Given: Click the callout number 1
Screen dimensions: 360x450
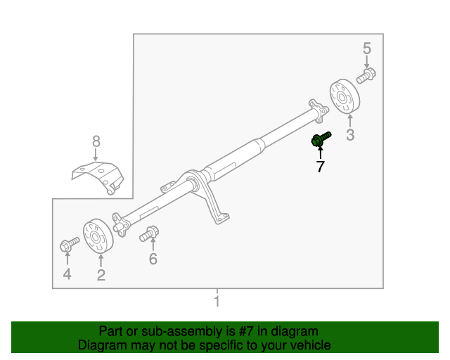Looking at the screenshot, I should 217,302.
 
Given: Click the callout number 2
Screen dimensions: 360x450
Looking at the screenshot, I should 101,275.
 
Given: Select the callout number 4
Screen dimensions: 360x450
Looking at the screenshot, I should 67,274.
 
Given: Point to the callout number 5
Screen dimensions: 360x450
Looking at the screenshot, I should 366,49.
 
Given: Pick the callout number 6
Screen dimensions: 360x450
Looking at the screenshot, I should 153,259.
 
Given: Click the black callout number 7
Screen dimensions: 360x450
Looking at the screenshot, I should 320,167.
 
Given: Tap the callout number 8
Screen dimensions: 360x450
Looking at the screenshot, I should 96,142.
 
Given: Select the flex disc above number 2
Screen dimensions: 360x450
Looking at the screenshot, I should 98,236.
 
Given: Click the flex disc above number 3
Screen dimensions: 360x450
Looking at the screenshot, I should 345,96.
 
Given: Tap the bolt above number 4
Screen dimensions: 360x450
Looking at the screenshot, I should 67,245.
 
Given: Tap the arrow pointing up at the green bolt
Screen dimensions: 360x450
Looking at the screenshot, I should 320,153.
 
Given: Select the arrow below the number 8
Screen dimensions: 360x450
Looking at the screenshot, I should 96,156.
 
